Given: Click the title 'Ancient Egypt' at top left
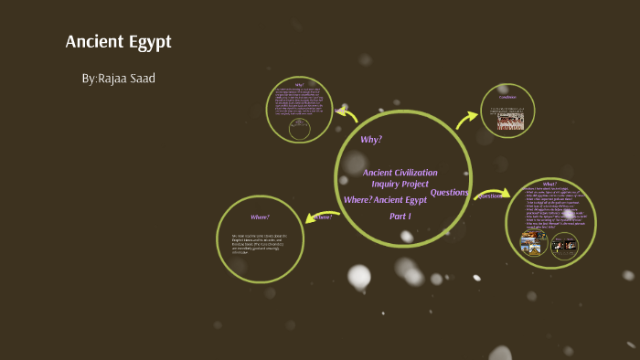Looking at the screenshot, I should (118, 42).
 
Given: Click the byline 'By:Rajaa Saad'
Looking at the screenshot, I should (118, 79).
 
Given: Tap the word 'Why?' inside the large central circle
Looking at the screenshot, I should (370, 139).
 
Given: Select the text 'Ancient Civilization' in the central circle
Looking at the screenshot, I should (400, 172).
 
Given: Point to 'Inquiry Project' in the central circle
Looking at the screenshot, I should (400, 184).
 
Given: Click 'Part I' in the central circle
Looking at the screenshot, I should (400, 216).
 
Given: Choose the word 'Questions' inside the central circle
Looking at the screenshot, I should (449, 192).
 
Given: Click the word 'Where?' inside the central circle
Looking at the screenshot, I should (357, 199).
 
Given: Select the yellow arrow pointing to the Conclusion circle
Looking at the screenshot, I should (467, 118).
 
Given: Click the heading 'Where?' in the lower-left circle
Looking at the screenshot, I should (260, 217).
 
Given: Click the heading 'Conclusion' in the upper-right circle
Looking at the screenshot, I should (508, 96).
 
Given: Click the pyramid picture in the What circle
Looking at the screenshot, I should (533, 243).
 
